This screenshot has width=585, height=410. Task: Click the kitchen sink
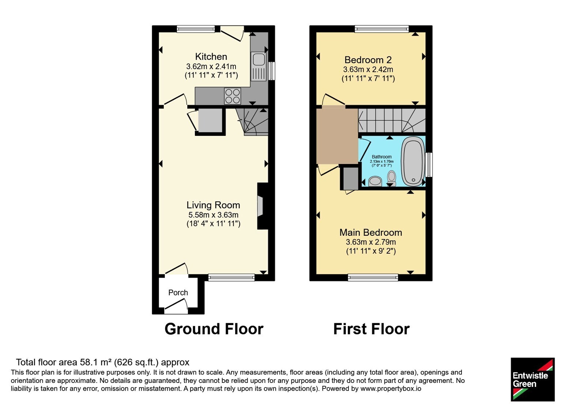pyautogui.click(x=258, y=66)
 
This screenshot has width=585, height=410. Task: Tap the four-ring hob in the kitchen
pyautogui.click(x=233, y=96)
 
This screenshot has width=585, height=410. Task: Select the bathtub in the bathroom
pyautogui.click(x=413, y=161)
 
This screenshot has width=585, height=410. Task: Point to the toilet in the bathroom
pyautogui.click(x=391, y=178)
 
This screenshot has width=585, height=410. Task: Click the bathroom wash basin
pyautogui.click(x=375, y=181)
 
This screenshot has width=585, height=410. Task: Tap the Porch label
pyautogui.click(x=178, y=292)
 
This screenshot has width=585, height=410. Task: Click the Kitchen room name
pyautogui.click(x=211, y=56)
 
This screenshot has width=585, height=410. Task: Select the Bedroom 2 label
pyautogui.click(x=368, y=60)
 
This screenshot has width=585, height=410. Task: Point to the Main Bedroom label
pyautogui.click(x=371, y=232)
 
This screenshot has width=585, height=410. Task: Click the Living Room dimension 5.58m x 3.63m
pyautogui.click(x=214, y=215)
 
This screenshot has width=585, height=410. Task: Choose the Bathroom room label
pyautogui.click(x=382, y=157)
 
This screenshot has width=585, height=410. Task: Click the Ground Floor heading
pyautogui.click(x=214, y=329)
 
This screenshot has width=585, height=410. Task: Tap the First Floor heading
pyautogui.click(x=371, y=329)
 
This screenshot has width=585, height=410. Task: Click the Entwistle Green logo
pyautogui.click(x=533, y=379)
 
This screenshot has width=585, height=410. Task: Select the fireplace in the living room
pyautogui.click(x=263, y=206)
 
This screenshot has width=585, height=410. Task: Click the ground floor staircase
pyautogui.click(x=252, y=122)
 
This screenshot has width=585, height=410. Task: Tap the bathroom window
pyautogui.click(x=429, y=165)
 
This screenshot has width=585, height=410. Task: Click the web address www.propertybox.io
pyautogui.click(x=391, y=388)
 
